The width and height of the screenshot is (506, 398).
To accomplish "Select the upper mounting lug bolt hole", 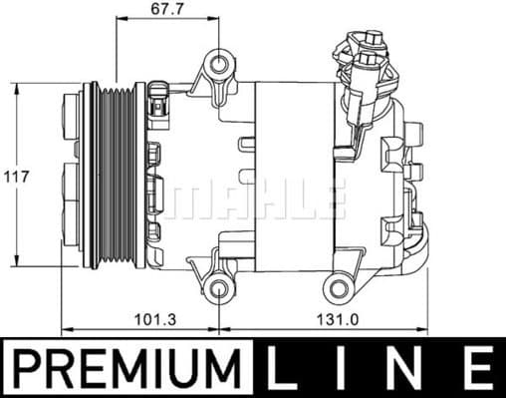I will [220, 67].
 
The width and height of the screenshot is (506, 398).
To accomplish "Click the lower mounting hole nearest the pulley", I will [220, 291].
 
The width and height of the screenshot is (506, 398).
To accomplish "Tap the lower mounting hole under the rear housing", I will [340, 290].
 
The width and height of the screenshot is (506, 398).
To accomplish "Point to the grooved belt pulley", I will [103, 177].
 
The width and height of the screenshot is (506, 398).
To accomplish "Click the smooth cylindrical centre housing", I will [294, 177].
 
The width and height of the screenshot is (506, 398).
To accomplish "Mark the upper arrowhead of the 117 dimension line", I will [18, 88].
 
